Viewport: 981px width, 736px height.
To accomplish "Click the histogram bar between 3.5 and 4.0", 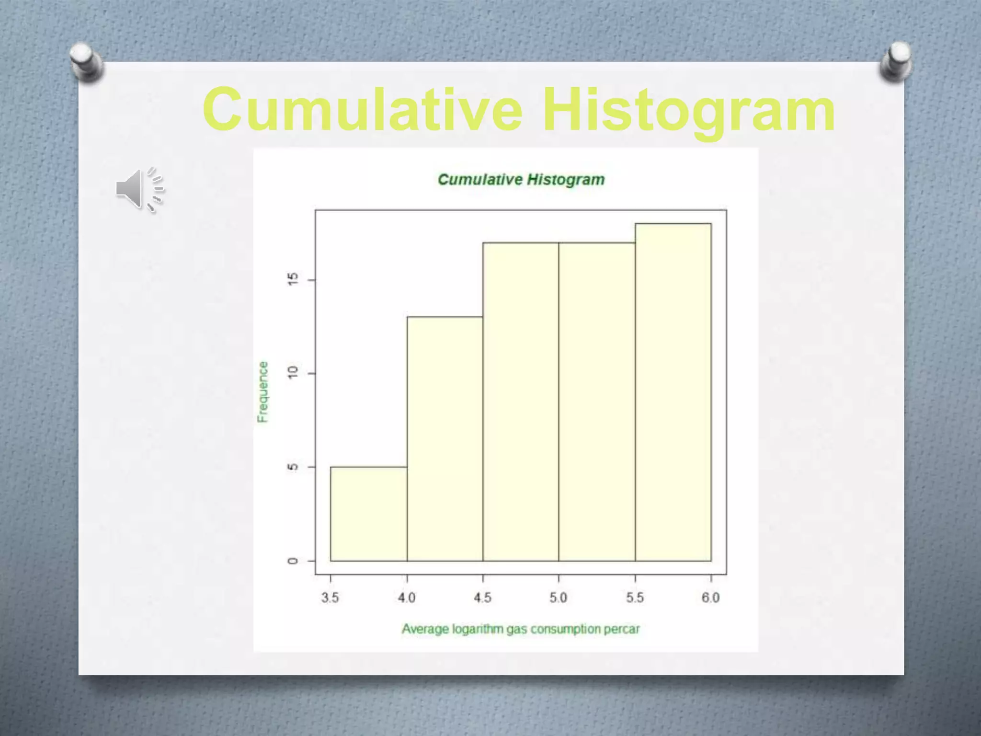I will pyautogui.click(x=368, y=514).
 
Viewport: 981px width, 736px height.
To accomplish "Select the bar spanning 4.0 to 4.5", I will pyautogui.click(x=445, y=438).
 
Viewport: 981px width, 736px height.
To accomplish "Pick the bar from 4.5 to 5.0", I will pyautogui.click(x=521, y=402).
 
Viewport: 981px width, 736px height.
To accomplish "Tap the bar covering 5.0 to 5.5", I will pyautogui.click(x=597, y=402).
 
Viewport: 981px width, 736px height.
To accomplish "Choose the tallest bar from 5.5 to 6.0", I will pyautogui.click(x=673, y=392).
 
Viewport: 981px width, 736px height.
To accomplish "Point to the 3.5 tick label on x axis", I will pyautogui.click(x=330, y=598).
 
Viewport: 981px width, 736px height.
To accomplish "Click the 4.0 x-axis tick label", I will pyautogui.click(x=407, y=598).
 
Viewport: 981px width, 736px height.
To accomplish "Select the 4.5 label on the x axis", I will pyautogui.click(x=482, y=598).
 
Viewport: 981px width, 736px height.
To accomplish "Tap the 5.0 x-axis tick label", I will pyautogui.click(x=559, y=598).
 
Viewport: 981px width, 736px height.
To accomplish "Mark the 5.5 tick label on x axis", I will pyautogui.click(x=635, y=598).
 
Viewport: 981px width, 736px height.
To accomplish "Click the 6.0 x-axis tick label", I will pyautogui.click(x=711, y=598).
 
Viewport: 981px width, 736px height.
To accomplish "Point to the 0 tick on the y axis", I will pyautogui.click(x=293, y=561).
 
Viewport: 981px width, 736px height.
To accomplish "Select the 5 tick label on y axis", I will pyautogui.click(x=293, y=467).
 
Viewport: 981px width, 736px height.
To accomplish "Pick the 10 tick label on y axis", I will pyautogui.click(x=293, y=373).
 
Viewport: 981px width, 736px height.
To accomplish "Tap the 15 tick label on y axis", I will pyautogui.click(x=293, y=279).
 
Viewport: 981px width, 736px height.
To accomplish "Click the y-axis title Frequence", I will pyautogui.click(x=262, y=392).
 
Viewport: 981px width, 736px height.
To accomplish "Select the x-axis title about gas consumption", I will pyautogui.click(x=521, y=629).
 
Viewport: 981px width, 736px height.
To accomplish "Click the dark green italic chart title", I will pyautogui.click(x=521, y=180).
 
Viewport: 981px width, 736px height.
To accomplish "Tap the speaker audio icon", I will pyautogui.click(x=139, y=189).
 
